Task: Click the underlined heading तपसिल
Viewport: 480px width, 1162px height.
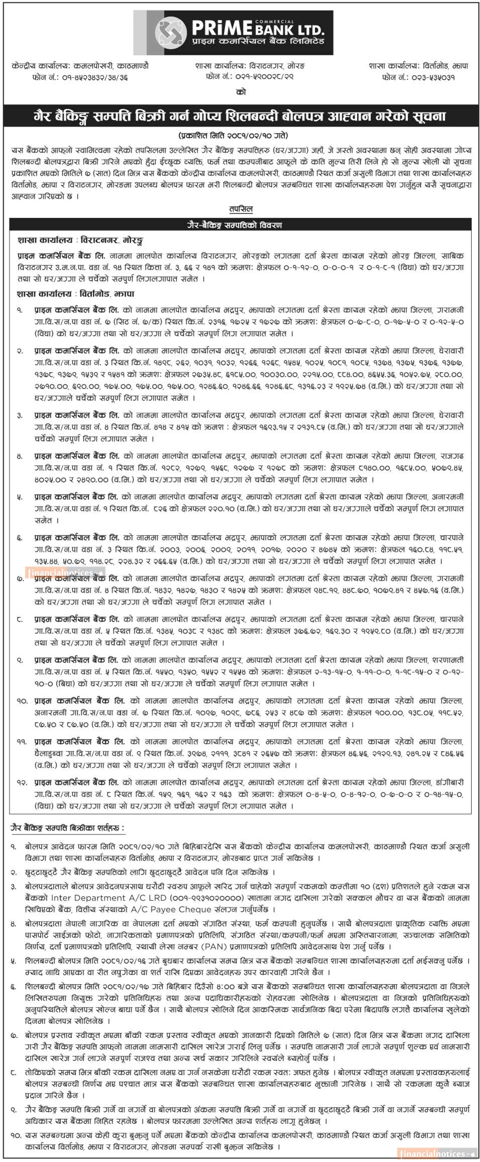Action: (241, 209)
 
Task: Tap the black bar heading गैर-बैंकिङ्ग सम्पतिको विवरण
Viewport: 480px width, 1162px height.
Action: (241, 225)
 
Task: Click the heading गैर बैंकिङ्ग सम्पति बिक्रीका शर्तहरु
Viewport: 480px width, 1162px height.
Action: (68, 828)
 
